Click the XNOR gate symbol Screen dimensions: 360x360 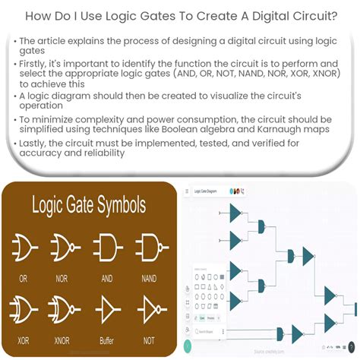tap(65, 310)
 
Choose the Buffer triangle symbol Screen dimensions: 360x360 tap(108, 310)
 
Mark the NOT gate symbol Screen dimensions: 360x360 tap(150, 310)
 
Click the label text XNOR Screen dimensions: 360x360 tap(65, 341)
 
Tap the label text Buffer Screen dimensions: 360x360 tap(108, 341)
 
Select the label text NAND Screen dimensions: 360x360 tap(150, 279)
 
